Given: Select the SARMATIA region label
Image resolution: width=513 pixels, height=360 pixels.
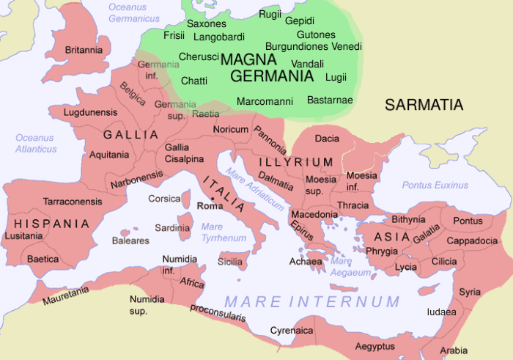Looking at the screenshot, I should (x=424, y=105).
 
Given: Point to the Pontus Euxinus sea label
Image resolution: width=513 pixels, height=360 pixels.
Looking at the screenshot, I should (x=435, y=185).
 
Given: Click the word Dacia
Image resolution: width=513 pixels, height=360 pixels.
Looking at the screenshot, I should (x=326, y=138).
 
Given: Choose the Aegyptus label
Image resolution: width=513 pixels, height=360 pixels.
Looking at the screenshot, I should (x=374, y=345).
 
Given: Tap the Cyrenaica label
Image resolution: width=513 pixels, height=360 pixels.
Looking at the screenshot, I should (x=292, y=331).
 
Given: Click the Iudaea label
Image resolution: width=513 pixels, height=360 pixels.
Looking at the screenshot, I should (x=442, y=312).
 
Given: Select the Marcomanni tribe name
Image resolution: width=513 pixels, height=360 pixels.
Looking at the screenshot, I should (x=265, y=100).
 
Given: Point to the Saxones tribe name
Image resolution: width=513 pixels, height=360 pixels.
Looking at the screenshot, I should (x=207, y=23).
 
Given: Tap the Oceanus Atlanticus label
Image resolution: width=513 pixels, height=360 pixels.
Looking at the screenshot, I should (x=36, y=143).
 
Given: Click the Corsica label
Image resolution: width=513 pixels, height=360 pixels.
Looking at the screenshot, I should (x=164, y=198).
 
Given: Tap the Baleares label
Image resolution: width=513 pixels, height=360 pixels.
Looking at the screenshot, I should (x=130, y=240).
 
